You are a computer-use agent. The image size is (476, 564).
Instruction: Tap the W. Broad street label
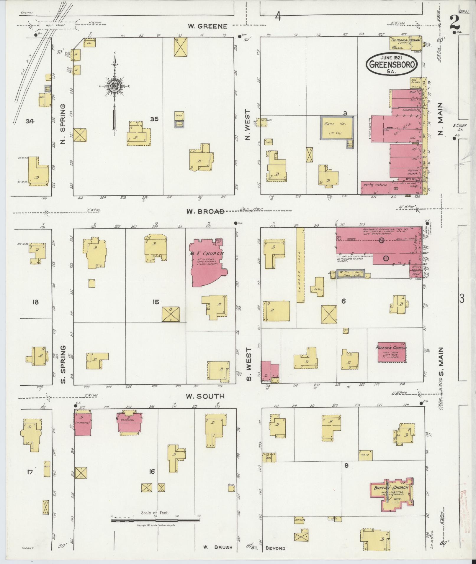pos(205,211)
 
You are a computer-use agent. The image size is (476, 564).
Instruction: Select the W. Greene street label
pos(208,27)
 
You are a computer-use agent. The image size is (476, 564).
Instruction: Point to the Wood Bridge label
pos(56,25)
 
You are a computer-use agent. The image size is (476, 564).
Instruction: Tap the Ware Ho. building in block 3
pos(336,127)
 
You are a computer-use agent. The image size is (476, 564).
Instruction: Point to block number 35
pos(154,119)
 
